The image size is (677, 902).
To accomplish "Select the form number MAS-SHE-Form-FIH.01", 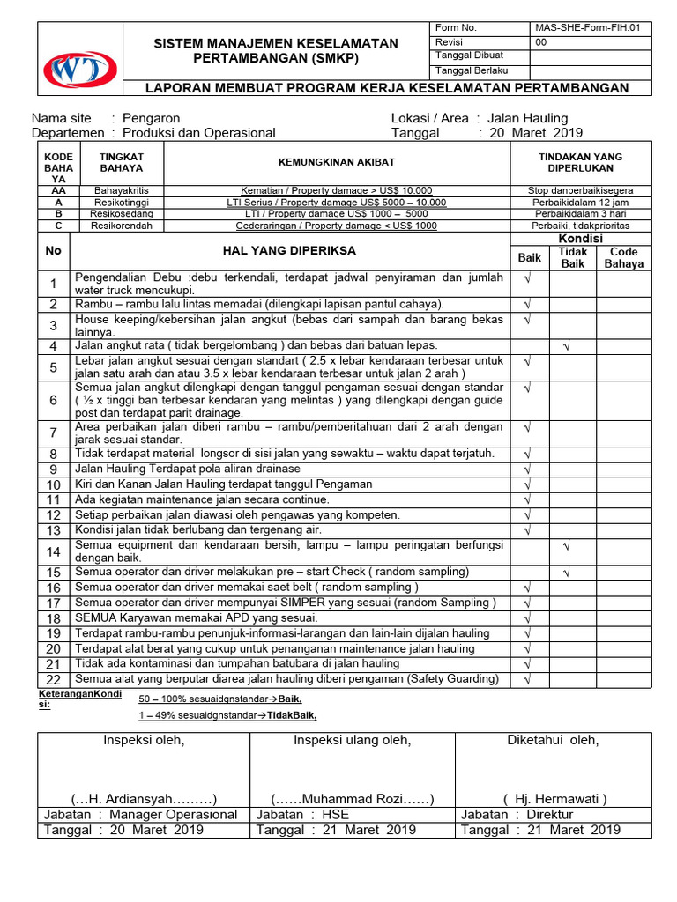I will coord(586,27).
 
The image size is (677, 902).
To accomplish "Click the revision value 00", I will coord(541,41).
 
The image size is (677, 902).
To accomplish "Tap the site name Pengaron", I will coord(151,118).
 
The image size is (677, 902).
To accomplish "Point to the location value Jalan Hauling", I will coord(527,118).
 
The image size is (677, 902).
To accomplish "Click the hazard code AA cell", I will coord(57,189).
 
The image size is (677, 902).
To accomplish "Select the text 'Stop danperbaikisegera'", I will coord(580,189).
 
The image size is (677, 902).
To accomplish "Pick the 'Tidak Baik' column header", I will coord(573,257).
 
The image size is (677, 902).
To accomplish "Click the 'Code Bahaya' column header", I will coord(624,257).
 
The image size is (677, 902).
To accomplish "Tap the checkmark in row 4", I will coord(567,346).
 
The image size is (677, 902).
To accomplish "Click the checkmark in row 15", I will coord(567,572).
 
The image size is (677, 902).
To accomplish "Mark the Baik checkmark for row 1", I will coord(528,277).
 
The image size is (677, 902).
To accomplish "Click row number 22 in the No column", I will coord(54,679).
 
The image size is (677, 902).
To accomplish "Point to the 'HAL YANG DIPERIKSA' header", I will coord(290,251).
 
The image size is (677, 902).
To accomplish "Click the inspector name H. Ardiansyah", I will coord(144,799).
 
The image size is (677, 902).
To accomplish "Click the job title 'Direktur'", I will coord(550,815).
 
